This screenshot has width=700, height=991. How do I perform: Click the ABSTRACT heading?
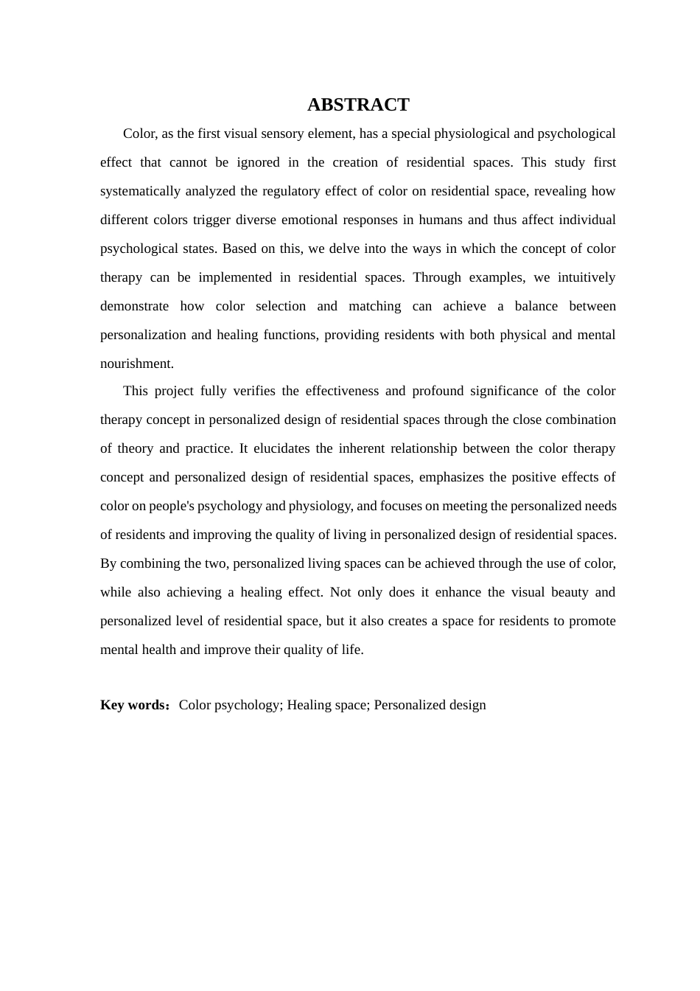[358, 105]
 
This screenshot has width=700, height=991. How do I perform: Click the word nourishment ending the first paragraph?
[136, 364]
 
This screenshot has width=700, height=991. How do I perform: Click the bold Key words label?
[133, 705]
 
